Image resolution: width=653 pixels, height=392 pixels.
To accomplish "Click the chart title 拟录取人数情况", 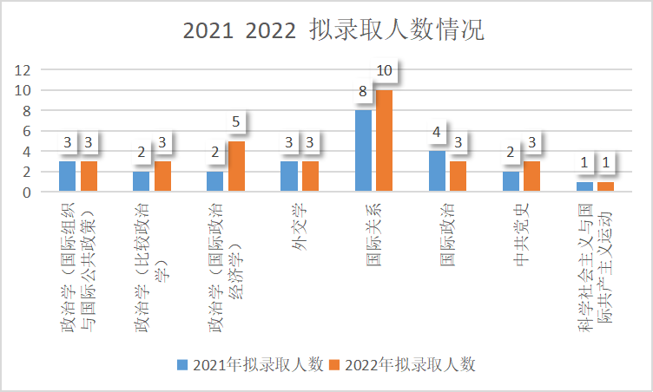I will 333,30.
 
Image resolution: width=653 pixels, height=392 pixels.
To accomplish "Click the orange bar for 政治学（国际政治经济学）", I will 236,167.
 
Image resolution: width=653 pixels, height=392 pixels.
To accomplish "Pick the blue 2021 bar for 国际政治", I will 437,172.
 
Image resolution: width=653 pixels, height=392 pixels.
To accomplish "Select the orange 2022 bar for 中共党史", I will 531,177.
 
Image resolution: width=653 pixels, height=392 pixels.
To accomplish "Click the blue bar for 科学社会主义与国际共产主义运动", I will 584,186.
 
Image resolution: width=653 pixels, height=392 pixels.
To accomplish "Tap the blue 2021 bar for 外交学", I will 289,177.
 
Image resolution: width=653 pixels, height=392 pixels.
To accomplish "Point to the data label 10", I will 385,70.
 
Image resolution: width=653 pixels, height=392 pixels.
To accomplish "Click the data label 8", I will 363,91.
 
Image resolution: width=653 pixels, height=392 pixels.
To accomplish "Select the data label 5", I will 236,122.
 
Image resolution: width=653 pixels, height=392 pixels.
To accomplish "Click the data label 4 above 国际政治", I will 437,133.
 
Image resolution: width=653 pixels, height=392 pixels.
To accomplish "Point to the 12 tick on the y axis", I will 23,70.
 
